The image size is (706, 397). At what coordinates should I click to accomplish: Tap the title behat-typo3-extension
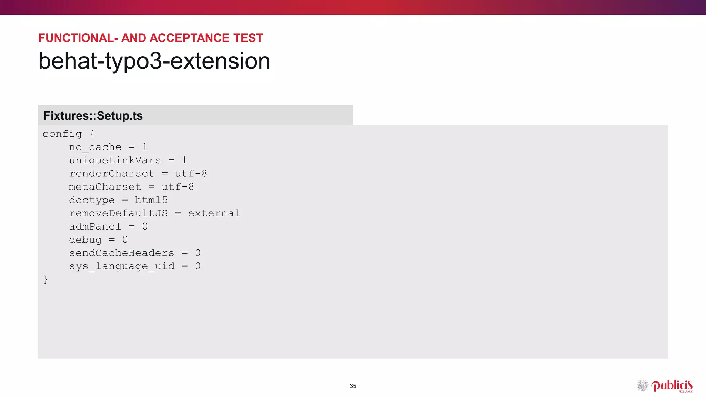[154, 61]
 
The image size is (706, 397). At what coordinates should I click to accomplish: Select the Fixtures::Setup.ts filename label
[93, 116]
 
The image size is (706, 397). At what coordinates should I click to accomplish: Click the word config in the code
[62, 134]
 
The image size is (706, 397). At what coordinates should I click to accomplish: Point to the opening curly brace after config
[92, 134]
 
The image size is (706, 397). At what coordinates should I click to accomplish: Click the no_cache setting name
[95, 147]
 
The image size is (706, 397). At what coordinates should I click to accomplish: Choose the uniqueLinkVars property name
[115, 161]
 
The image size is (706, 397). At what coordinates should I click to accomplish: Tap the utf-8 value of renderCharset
[191, 174]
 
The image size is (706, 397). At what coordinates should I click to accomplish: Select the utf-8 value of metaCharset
[178, 187]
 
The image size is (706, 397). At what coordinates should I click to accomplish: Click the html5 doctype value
[151, 200]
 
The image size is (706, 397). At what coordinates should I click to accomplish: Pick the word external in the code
[214, 213]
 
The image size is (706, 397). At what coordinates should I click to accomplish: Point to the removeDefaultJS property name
[118, 213]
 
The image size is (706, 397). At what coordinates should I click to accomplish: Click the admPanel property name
[95, 226]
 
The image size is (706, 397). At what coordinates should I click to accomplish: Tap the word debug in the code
[85, 240]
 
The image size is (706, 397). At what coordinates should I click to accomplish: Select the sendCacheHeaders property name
[122, 253]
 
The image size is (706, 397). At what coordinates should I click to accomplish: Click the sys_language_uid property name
[122, 266]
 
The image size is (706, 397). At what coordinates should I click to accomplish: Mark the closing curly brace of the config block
[46, 279]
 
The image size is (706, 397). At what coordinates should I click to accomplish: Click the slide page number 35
[353, 386]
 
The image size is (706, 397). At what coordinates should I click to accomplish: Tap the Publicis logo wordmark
[672, 386]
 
